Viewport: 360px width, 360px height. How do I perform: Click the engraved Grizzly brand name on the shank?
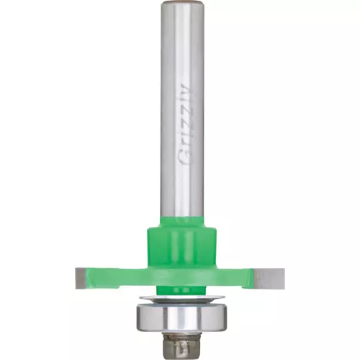pyautogui.click(x=186, y=125)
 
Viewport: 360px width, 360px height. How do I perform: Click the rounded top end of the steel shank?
pyautogui.click(x=182, y=4)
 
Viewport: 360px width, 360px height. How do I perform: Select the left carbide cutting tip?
pyautogui.click(x=81, y=278)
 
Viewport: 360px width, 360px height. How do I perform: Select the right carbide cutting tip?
pyautogui.click(x=269, y=279)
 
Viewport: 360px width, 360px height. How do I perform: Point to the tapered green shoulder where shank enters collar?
pyautogui.click(x=182, y=222)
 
